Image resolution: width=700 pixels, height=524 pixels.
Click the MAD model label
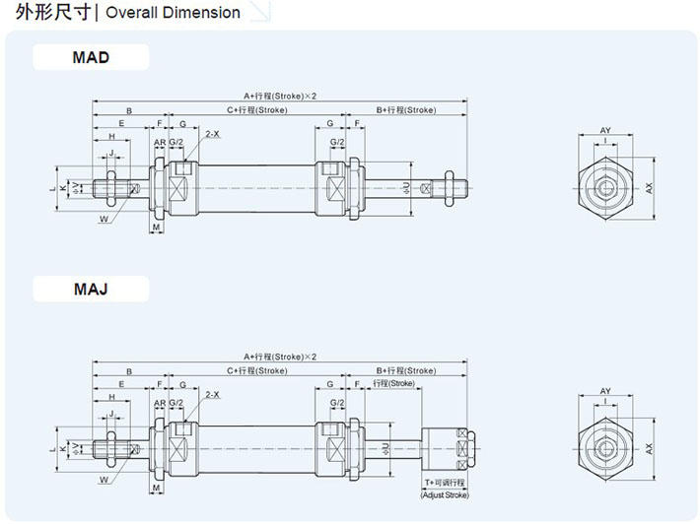pyautogui.click(x=91, y=57)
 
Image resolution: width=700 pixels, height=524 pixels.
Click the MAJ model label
pyautogui.click(x=91, y=290)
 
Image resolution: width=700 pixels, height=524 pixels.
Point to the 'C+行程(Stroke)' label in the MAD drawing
pyautogui.click(x=256, y=109)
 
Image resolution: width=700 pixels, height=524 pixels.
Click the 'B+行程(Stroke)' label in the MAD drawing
pyautogui.click(x=406, y=109)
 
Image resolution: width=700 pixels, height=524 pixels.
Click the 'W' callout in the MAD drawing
pyautogui.click(x=104, y=221)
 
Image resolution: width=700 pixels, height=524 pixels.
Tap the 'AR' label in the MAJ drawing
pyautogui.click(x=159, y=404)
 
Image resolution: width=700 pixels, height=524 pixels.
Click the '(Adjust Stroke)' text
pyautogui.click(x=446, y=496)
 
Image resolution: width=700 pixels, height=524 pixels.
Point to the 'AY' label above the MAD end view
pyautogui.click(x=605, y=131)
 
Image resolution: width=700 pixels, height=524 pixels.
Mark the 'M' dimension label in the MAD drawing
pyautogui.click(x=157, y=228)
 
